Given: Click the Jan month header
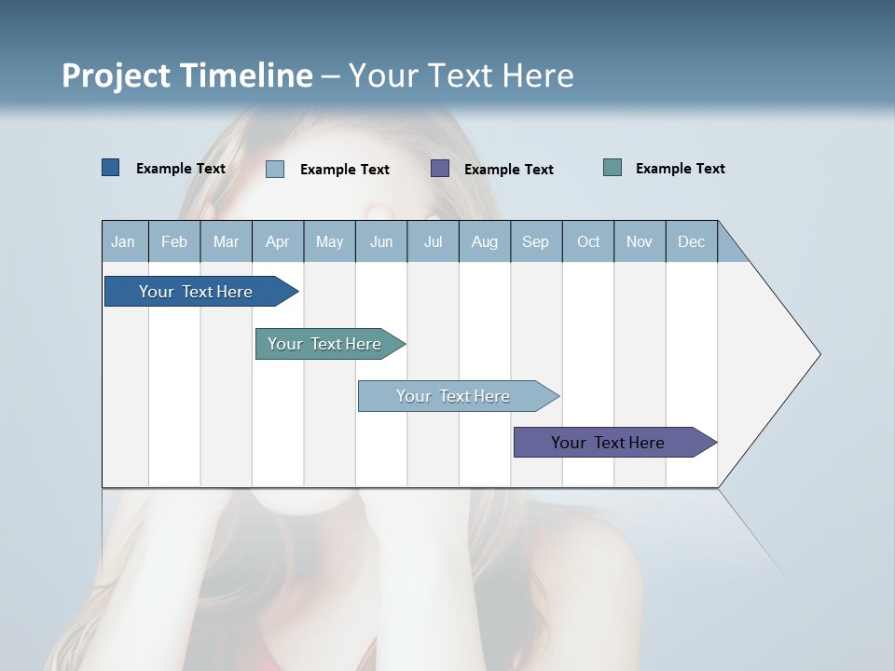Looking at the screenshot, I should [x=124, y=241].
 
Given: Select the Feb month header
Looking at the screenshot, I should [x=174, y=241].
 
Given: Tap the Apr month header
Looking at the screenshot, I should [x=278, y=241].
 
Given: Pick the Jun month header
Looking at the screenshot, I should [x=381, y=241].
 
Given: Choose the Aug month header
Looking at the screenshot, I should [x=485, y=241].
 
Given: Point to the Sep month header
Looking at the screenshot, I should [x=536, y=241].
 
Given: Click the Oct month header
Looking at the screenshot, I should [x=588, y=241].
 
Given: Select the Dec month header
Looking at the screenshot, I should [x=692, y=241].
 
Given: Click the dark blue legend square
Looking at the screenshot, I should [x=111, y=168].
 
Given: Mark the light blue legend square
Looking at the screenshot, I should [x=275, y=169].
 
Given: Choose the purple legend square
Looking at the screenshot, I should [x=440, y=169].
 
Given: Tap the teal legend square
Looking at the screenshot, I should [x=613, y=168].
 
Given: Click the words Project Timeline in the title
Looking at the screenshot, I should [x=187, y=75].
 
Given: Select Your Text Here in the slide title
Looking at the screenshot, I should [x=461, y=75].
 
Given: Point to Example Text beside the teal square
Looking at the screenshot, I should [x=680, y=169].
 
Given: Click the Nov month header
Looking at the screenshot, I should [x=640, y=241].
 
